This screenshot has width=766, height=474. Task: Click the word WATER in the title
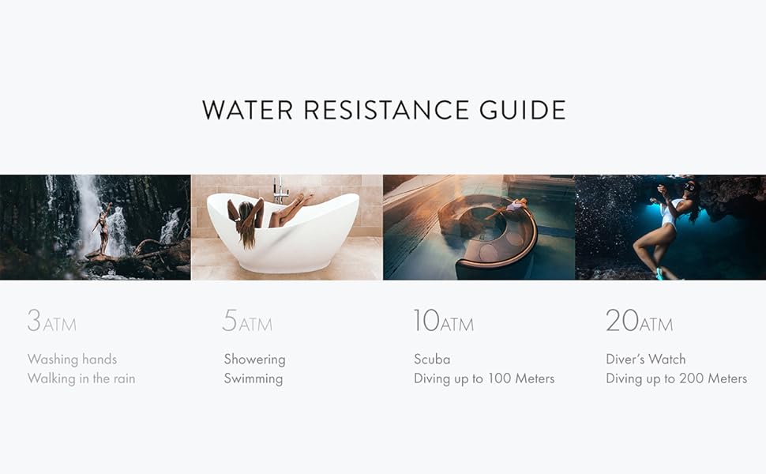click(x=247, y=110)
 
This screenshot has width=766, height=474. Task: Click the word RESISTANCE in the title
click(x=386, y=110)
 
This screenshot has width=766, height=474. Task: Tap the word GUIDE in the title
click(x=522, y=110)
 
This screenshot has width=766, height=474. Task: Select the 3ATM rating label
click(x=52, y=321)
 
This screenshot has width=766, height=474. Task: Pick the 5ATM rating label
click(x=247, y=321)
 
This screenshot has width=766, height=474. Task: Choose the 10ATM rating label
click(x=444, y=321)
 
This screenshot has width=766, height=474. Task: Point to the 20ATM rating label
click(x=639, y=321)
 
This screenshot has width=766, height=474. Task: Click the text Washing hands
click(x=73, y=359)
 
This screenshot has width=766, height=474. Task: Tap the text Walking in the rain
click(x=81, y=378)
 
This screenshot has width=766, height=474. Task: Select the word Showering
click(x=254, y=359)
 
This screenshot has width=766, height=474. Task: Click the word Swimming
click(x=253, y=379)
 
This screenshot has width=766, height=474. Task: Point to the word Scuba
click(x=432, y=359)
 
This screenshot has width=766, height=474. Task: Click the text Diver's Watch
click(x=646, y=359)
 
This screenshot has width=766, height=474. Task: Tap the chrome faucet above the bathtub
click(x=280, y=190)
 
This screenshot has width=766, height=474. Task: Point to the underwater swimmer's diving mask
click(x=689, y=186)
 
